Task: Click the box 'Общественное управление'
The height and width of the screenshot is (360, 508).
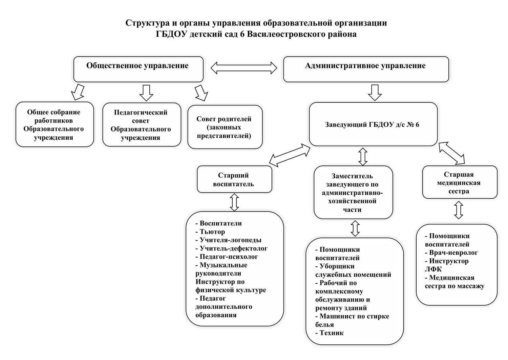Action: click(138, 69)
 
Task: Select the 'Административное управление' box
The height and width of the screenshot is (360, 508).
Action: click(366, 69)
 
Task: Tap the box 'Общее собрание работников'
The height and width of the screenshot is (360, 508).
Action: click(55, 124)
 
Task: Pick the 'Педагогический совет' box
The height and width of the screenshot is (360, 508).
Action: click(142, 125)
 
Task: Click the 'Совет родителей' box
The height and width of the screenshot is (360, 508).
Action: click(225, 127)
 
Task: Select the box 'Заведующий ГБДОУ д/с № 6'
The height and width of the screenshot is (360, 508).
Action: click(373, 124)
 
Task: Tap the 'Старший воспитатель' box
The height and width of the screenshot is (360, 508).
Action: click(234, 179)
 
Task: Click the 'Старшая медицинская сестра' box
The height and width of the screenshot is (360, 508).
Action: click(460, 182)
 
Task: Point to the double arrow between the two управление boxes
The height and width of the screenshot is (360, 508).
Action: click(244, 68)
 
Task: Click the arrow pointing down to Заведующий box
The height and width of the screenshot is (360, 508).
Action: click(375, 93)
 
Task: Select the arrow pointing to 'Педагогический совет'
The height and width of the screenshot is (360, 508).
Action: click(146, 93)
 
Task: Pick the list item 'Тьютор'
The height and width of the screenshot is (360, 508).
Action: click(210, 232)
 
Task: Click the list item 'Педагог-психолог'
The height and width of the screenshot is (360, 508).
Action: click(227, 257)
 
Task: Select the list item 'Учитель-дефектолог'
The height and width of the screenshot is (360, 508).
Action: click(232, 248)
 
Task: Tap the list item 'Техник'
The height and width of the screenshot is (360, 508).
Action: click(330, 333)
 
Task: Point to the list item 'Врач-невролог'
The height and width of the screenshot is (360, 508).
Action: click(451, 253)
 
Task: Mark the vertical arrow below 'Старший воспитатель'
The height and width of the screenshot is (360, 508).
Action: click(234, 202)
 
